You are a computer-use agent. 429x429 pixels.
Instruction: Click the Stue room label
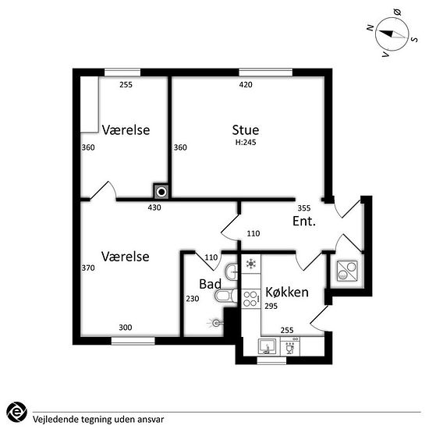(246, 130)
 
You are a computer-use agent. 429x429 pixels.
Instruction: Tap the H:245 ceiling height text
(246, 142)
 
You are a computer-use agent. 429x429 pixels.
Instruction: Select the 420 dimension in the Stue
(246, 84)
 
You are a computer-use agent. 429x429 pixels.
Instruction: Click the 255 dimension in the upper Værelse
(126, 84)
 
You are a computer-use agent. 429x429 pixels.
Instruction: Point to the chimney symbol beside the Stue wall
(161, 192)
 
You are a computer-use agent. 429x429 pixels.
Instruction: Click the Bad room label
(210, 284)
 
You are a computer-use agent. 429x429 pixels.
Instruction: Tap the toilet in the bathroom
(226, 296)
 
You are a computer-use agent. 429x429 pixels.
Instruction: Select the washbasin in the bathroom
(231, 272)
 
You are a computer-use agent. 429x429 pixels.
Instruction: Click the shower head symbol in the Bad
(215, 324)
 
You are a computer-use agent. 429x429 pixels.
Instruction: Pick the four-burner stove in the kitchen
(251, 299)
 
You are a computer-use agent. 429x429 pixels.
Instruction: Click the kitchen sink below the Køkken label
(267, 346)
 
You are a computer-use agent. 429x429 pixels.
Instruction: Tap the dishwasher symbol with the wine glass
(290, 346)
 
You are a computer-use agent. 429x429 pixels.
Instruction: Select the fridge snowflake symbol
(251, 264)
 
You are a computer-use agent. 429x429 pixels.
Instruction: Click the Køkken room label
(287, 292)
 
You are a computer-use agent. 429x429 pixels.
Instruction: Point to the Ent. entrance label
(304, 221)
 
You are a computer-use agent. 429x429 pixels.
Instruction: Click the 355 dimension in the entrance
(304, 208)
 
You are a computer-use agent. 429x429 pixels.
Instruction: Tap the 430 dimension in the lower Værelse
(154, 207)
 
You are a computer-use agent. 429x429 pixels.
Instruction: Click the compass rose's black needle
(386, 33)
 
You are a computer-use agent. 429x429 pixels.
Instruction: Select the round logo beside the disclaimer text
(16, 412)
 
